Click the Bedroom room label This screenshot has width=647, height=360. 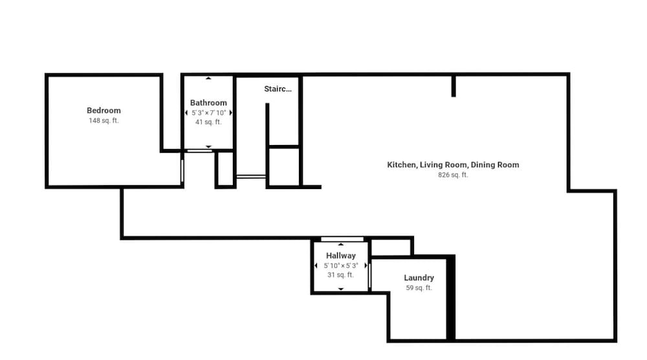point(104,111)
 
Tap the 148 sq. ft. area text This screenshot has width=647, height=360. point(104,120)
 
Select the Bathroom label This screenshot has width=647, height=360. point(208,103)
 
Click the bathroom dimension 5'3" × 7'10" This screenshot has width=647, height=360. point(209,113)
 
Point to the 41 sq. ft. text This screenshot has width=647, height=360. point(208,122)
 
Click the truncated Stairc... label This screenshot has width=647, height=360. point(278,89)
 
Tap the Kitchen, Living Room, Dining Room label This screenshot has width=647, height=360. point(453,164)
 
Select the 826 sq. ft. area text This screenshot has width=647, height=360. point(453,175)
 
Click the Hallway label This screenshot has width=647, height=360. point(341,256)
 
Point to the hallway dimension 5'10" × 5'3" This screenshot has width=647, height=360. point(341,265)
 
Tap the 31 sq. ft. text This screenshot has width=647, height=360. point(341,275)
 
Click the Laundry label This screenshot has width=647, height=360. point(419,278)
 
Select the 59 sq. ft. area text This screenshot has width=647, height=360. point(419,287)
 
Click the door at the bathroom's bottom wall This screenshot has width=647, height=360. point(199,151)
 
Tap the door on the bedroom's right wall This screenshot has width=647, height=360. point(182,170)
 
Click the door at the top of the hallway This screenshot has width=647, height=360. point(342,239)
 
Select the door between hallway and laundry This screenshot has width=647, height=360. point(369,276)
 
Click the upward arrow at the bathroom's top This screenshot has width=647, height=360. point(208,78)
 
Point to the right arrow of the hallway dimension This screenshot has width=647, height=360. point(366,265)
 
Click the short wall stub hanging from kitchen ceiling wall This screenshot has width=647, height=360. point(454,86)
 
